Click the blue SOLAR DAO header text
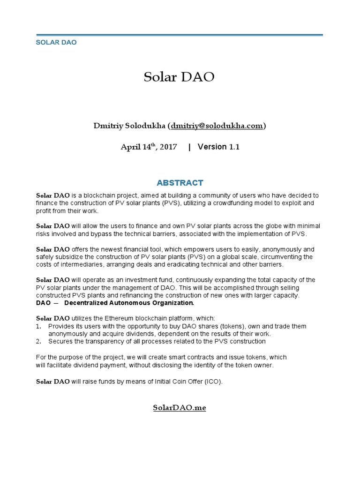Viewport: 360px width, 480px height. pos(57,42)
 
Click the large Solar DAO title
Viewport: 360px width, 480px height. pos(179,77)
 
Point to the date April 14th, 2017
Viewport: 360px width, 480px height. pos(149,147)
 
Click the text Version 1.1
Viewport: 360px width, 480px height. pos(218,147)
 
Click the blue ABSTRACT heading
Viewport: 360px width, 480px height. pos(180,182)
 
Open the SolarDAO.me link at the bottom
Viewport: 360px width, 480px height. pos(180,407)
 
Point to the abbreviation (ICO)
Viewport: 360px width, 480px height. pos(213,381)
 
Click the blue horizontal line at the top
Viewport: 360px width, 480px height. pos(180,35)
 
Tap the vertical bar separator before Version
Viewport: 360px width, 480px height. pos(189,147)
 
